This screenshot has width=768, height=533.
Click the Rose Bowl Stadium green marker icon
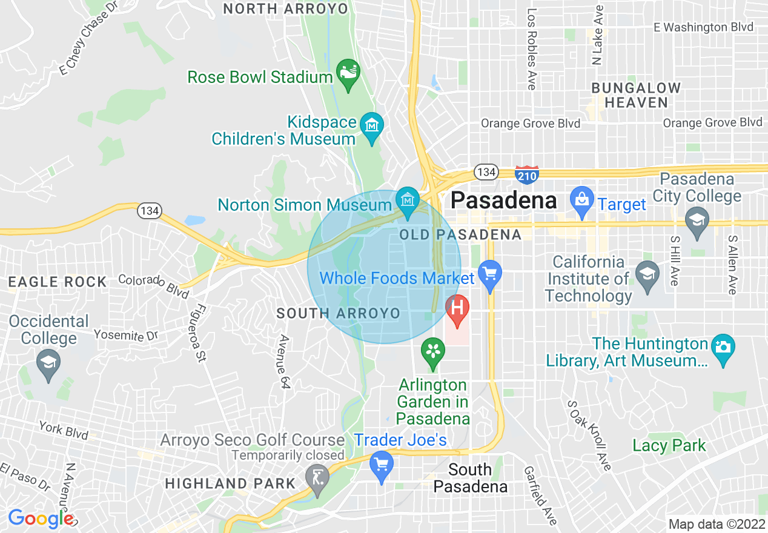coord(348,73)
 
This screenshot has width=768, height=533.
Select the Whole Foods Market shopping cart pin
coord(489,273)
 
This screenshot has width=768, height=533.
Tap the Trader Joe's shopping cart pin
coord(381,465)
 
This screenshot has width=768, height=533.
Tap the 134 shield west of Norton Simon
coord(148,211)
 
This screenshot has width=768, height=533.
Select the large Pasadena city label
coord(504,200)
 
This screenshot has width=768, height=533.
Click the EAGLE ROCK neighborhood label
coord(58,282)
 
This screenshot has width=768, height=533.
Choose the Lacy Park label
coord(669,446)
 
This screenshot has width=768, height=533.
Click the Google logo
coord(40,518)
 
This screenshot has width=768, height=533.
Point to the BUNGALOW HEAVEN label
coord(636,95)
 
